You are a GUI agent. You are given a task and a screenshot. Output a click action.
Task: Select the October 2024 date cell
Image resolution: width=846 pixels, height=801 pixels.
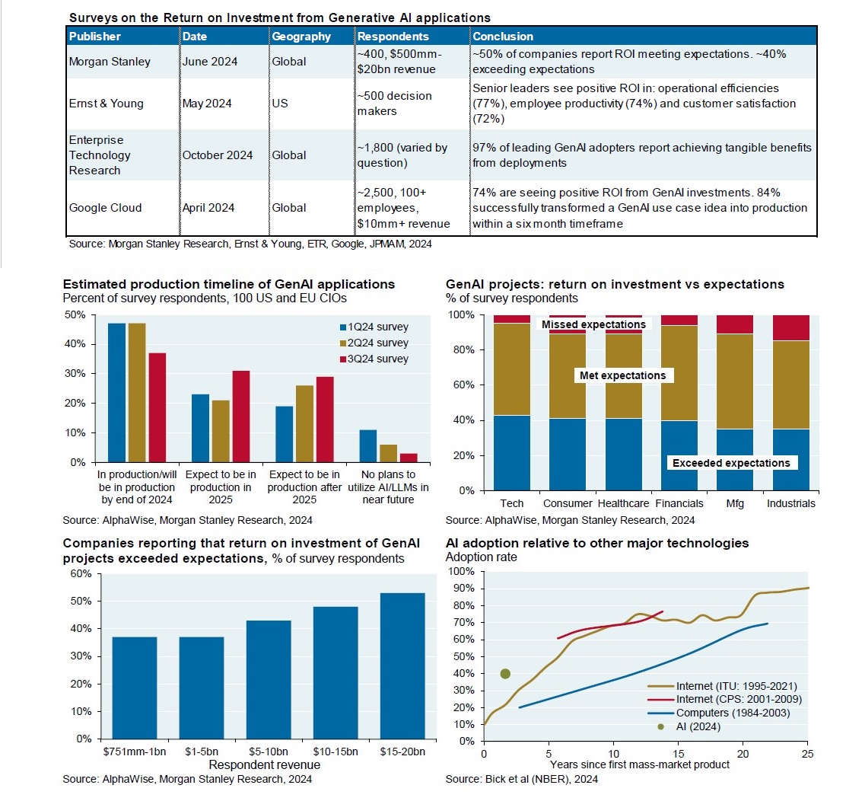click(218, 155)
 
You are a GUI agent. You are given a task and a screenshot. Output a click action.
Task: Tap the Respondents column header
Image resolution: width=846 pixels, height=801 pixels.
click(393, 37)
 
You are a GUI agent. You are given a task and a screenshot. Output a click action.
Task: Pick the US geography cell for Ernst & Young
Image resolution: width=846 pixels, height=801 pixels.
click(280, 104)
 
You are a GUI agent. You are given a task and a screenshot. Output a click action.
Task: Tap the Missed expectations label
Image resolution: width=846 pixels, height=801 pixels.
click(593, 324)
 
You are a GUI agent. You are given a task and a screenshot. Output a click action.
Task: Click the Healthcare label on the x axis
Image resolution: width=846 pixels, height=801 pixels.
click(623, 503)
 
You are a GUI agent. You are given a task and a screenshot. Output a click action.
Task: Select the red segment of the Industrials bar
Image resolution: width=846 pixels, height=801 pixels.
click(791, 327)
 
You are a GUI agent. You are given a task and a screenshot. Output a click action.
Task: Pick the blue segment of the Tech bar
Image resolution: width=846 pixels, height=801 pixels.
click(513, 452)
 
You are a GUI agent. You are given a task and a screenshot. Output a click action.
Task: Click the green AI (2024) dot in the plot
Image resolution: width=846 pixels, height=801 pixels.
click(505, 673)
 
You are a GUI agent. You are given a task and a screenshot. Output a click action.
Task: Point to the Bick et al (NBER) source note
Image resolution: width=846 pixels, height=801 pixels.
click(521, 779)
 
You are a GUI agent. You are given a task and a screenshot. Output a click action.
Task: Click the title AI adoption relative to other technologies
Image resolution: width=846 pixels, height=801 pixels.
click(597, 543)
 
